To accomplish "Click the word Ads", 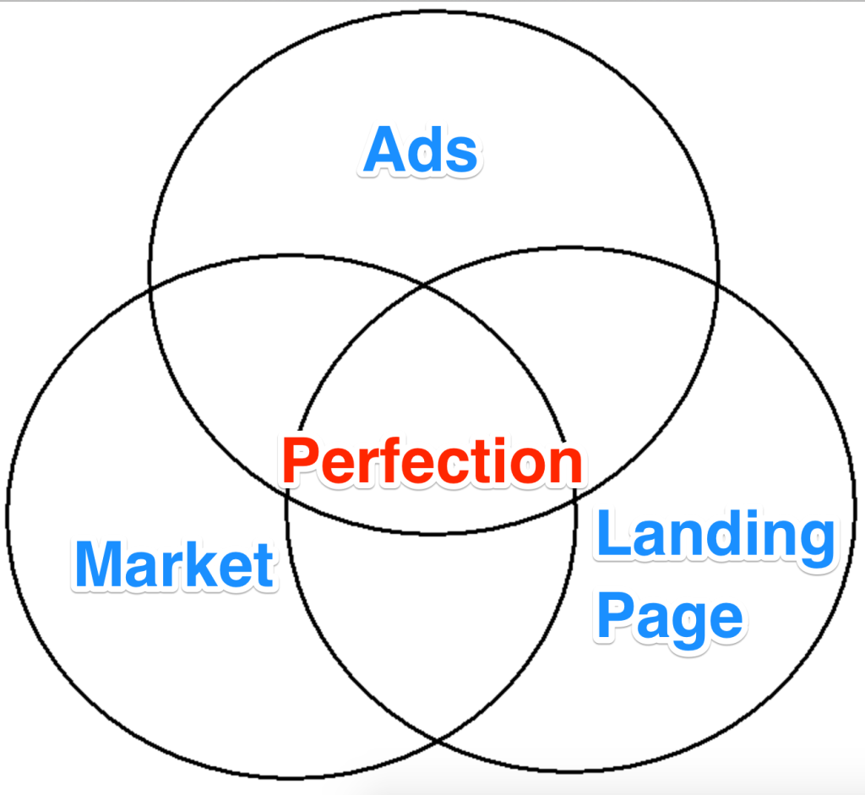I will point(421,152).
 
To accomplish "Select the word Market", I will point(174,564).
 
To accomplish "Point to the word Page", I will point(669,618).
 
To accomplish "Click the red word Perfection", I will point(432,462).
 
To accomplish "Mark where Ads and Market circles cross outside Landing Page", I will point(150,290).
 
